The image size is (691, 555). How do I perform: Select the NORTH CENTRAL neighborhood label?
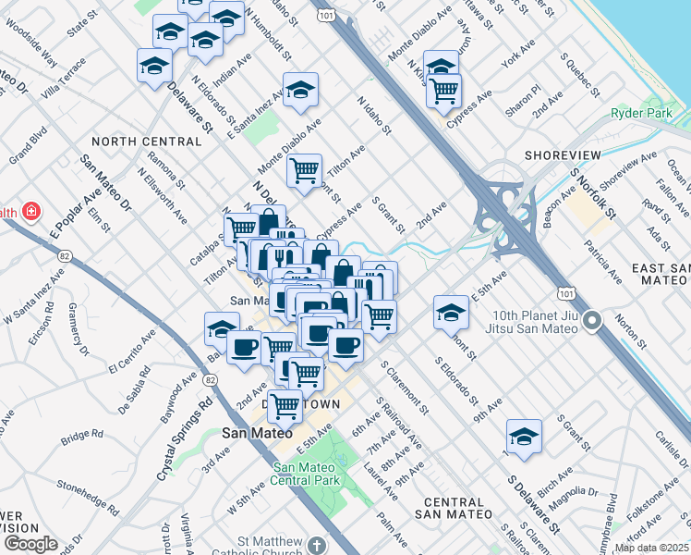coord(146,142)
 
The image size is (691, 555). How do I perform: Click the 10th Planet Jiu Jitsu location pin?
coord(594,321)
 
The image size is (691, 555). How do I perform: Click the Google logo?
coord(30,544)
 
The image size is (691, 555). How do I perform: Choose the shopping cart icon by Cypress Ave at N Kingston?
coord(444,91)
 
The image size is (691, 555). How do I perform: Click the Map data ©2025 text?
coord(652,548)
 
